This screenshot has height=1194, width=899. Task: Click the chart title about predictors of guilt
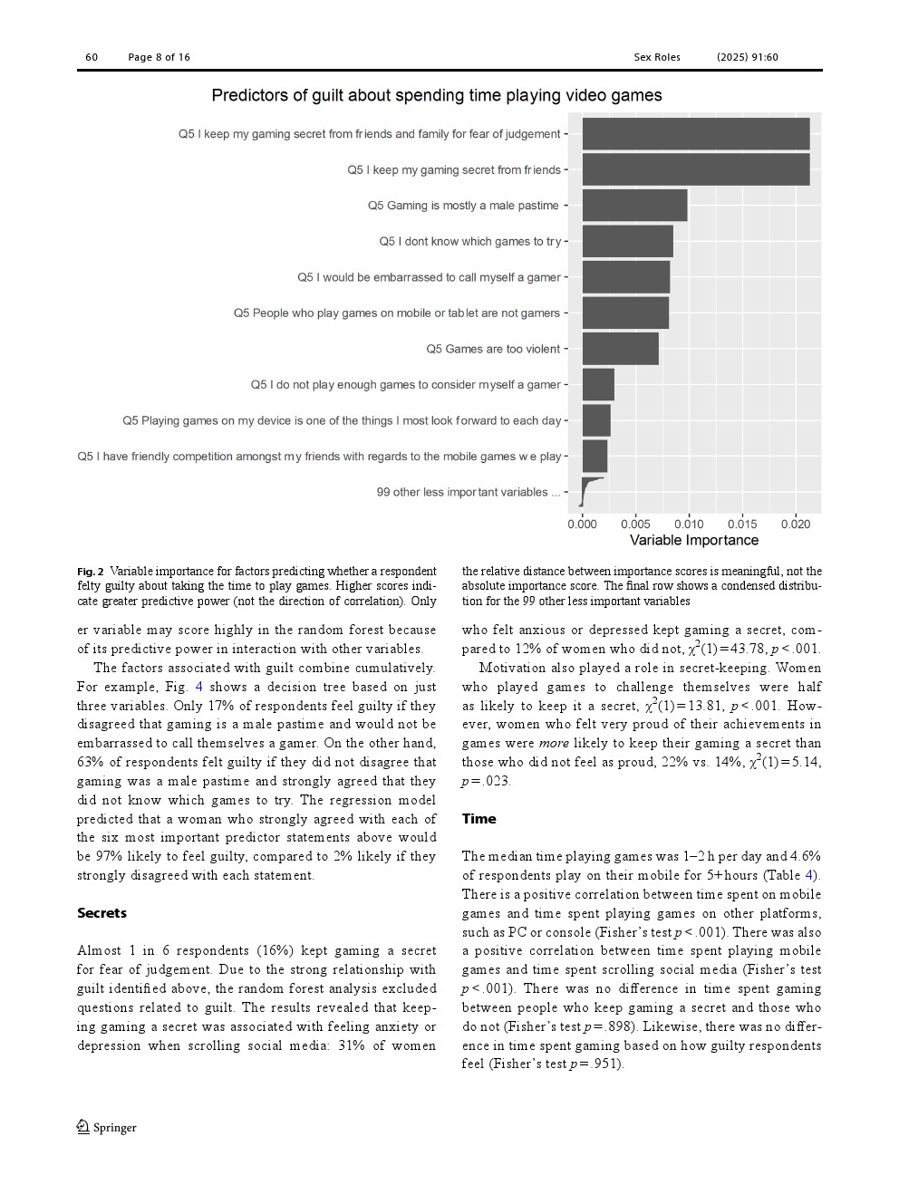click(x=436, y=95)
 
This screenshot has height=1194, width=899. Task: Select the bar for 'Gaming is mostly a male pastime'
click(x=634, y=206)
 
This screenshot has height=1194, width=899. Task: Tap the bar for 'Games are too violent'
click(x=620, y=349)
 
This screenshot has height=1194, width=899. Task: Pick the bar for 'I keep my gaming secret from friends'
click(x=695, y=169)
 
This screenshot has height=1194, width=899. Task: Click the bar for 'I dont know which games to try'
click(x=627, y=241)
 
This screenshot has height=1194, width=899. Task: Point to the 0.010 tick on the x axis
click(x=689, y=524)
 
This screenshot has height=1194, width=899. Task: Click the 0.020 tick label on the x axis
click(x=795, y=524)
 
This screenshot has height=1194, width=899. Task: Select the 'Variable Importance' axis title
click(x=693, y=541)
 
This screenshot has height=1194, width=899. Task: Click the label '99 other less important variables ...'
click(x=468, y=492)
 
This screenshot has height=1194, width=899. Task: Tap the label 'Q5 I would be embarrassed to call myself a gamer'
click(x=429, y=277)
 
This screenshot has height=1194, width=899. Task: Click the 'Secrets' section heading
click(x=101, y=913)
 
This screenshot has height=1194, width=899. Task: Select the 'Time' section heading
click(x=478, y=819)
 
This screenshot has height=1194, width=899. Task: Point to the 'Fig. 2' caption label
click(x=91, y=572)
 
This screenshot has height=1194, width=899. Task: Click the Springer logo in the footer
click(x=106, y=1127)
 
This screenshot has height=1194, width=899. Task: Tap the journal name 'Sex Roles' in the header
click(x=656, y=57)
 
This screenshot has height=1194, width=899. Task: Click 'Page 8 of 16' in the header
click(x=159, y=57)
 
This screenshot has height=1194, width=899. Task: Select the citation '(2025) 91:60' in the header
click(x=747, y=57)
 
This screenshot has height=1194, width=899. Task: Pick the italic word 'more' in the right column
click(x=553, y=744)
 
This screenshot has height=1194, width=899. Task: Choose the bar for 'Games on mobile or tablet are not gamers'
click(x=625, y=313)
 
